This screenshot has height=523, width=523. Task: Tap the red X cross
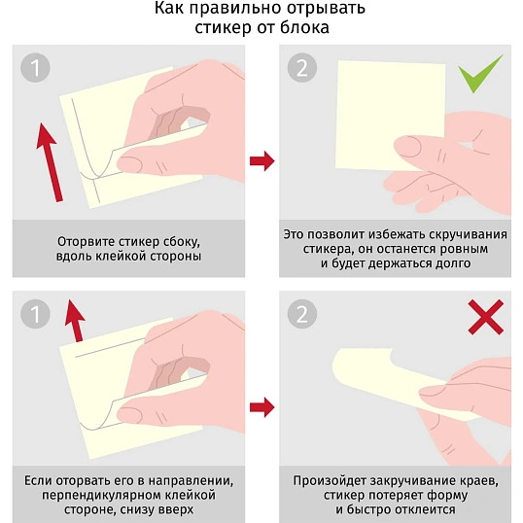pyautogui.click(x=486, y=317)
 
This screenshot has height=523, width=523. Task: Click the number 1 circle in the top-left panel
pyautogui.click(x=35, y=68)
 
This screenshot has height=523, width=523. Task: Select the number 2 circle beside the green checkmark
pyautogui.click(x=302, y=68)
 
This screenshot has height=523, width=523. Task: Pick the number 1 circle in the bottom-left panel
pyautogui.click(x=35, y=314)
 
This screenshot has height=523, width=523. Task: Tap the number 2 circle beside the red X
pyautogui.click(x=302, y=314)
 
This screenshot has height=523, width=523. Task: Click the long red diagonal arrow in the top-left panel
pyautogui.click(x=50, y=162)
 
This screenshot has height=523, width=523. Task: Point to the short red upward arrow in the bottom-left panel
pyautogui.click(x=76, y=321)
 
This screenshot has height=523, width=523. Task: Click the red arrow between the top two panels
pyautogui.click(x=262, y=161)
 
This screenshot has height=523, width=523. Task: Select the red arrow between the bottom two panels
pyautogui.click(x=262, y=407)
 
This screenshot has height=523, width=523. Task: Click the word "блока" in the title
pyautogui.click(x=304, y=27)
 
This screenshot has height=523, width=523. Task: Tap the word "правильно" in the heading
pyautogui.click(x=236, y=8)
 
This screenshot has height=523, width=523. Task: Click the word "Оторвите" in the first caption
pyautogui.click(x=86, y=241)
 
